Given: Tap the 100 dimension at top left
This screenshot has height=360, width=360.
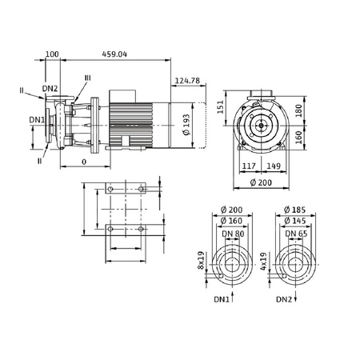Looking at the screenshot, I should pyautogui.click(x=53, y=54).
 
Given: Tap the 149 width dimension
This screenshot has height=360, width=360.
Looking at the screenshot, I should pyautogui.click(x=272, y=166).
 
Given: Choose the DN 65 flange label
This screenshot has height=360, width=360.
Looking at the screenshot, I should pyautogui.click(x=296, y=233).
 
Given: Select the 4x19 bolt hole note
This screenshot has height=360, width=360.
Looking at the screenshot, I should pyautogui.click(x=265, y=261).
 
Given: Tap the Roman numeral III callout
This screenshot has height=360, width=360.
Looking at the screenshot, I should pyautogui.click(x=87, y=77).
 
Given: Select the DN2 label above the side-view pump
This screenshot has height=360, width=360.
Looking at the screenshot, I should pyautogui.click(x=50, y=87).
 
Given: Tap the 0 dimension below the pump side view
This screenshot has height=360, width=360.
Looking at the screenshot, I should pyautogui.click(x=85, y=160).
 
